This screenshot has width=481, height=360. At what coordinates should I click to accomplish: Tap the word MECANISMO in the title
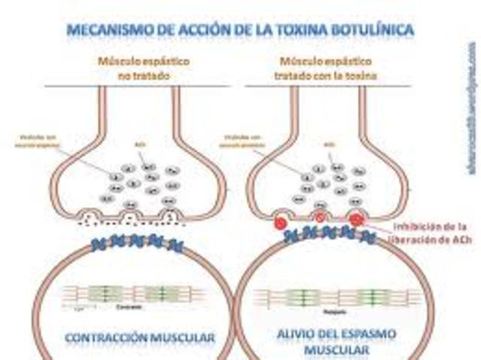[x=113, y=31]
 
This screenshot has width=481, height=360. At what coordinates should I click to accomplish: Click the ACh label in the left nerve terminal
[x=147, y=141]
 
